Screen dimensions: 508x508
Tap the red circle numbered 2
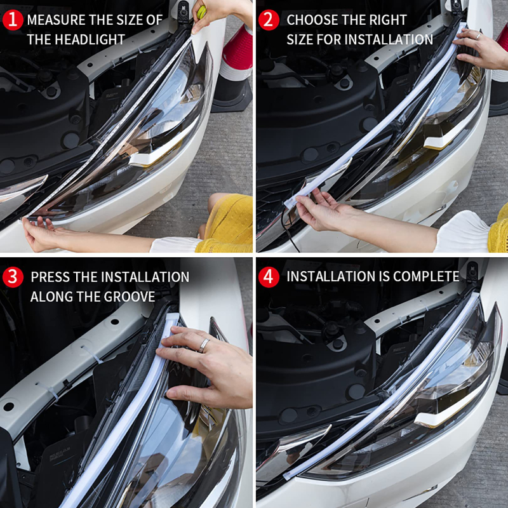click(269, 20)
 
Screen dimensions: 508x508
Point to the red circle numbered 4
click(269, 277)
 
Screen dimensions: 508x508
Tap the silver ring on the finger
click(204, 345)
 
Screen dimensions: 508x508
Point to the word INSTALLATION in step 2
click(387, 39)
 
